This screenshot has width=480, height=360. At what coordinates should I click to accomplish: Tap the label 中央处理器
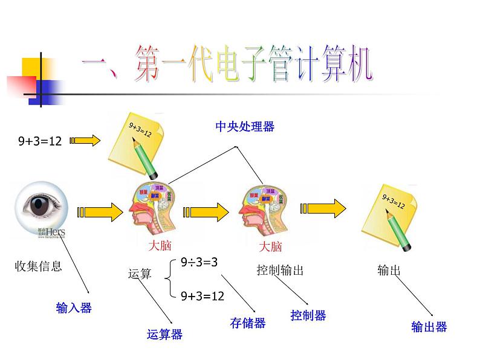click(245, 126)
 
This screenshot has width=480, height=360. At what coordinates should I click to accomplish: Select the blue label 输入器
click(74, 308)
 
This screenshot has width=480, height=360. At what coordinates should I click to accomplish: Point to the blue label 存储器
click(248, 323)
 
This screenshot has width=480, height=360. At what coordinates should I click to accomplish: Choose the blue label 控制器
click(308, 315)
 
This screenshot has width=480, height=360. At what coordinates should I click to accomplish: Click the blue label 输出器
click(429, 327)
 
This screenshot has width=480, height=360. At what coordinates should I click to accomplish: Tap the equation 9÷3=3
click(199, 262)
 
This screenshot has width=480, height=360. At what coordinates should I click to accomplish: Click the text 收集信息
click(38, 266)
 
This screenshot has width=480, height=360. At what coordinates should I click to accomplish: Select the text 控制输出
click(280, 270)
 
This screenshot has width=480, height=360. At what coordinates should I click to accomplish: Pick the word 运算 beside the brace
click(140, 274)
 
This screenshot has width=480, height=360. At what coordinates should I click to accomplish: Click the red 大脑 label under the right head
click(270, 246)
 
